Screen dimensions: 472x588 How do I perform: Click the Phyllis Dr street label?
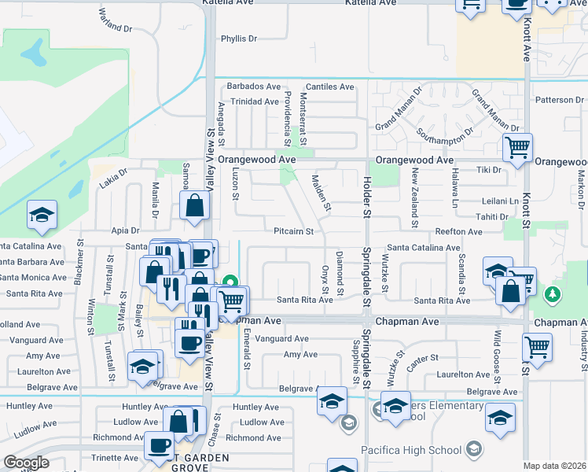coord(239,39)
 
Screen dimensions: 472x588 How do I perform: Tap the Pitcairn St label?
coord(294,232)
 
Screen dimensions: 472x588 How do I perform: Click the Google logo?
coord(26,463)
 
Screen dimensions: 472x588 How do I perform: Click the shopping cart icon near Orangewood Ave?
coord(518,147)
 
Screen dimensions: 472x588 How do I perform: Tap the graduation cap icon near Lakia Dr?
coord(42,216)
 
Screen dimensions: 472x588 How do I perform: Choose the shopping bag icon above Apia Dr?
coord(194,207)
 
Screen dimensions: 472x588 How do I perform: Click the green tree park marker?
coord(553,294)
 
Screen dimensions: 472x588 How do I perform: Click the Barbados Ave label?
coord(254,87)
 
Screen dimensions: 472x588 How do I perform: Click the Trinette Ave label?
coord(115,457)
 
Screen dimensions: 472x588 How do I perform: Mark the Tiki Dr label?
coord(489,170)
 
